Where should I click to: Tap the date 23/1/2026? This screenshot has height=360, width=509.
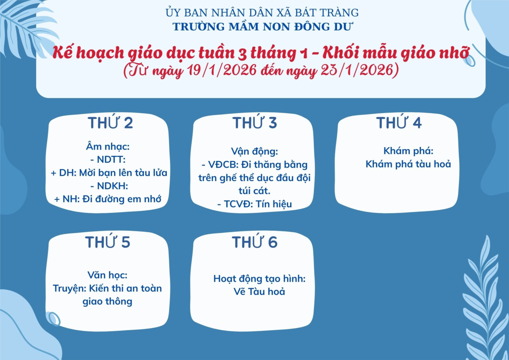click(357, 69)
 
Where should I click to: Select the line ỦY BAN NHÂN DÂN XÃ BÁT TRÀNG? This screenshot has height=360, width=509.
click(262, 13)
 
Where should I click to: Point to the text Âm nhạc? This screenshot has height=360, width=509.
click(108, 147)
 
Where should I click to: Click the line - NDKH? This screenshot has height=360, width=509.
click(109, 186)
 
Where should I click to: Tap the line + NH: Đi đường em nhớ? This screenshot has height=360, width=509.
click(108, 199)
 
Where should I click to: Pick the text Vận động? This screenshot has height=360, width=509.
click(254, 152)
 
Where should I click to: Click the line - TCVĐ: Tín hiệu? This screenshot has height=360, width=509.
click(254, 204)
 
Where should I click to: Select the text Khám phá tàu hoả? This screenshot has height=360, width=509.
click(408, 164)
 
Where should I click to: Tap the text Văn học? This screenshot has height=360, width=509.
click(108, 275)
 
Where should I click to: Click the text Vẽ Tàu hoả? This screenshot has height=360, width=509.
click(259, 292)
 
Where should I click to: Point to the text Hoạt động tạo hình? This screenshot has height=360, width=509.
click(259, 279)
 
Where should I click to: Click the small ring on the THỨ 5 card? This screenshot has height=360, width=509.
click(53, 319)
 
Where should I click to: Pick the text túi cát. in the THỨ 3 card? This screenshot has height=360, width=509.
click(254, 191)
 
